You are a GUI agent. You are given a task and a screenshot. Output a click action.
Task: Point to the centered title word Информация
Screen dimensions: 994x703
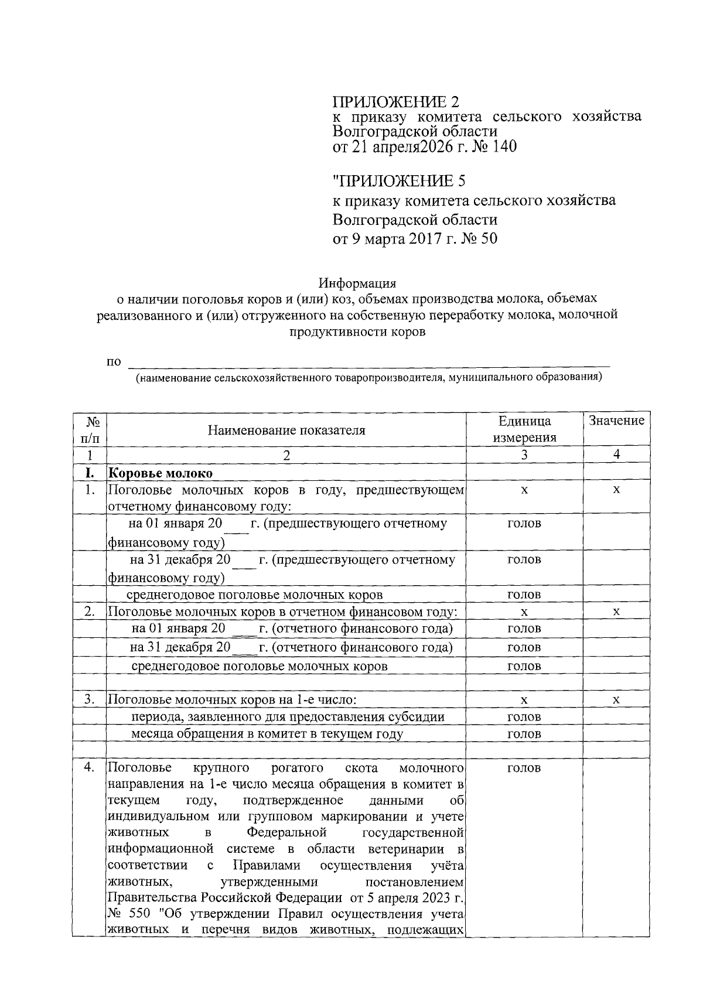tap(357, 283)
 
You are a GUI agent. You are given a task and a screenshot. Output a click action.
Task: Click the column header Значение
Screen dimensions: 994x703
tap(616, 421)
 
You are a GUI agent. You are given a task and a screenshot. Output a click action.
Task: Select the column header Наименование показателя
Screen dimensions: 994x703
tap(286, 431)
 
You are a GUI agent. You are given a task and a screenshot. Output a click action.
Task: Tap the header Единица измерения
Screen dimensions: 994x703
tap(524, 429)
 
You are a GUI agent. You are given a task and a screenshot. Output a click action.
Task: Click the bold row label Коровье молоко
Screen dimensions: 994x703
tap(161, 473)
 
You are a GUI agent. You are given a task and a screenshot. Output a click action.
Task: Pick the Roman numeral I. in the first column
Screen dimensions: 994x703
tap(90, 473)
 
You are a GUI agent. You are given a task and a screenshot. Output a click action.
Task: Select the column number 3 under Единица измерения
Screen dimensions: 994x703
tap(524, 455)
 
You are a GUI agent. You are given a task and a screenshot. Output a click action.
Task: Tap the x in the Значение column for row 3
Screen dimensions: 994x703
tap(616, 700)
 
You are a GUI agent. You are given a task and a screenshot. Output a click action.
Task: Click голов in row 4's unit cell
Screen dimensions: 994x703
tap(524, 768)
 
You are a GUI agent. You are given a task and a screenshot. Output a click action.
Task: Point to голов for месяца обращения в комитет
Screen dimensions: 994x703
tap(524, 734)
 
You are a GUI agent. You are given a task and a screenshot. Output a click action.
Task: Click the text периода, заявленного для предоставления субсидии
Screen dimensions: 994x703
tap(288, 717)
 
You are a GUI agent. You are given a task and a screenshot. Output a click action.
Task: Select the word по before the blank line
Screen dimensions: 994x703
tap(114, 361)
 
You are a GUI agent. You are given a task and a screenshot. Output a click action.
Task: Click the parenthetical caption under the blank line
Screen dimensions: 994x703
tap(369, 378)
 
